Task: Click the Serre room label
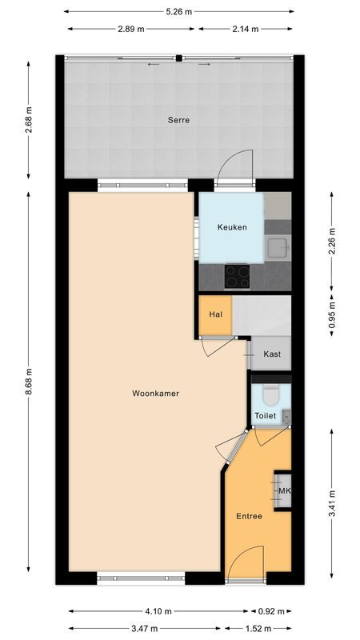[178, 121]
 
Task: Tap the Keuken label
[232, 227]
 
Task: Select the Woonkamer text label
[156, 394]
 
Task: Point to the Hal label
[215, 314]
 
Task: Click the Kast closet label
[272, 353]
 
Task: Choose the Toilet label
[266, 416]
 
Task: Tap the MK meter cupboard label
[283, 490]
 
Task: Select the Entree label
[249, 516]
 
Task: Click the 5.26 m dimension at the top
[178, 11]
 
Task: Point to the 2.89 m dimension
[131, 29]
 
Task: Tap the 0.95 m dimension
[332, 317]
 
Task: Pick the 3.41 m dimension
[332, 505]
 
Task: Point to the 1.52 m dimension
[259, 628]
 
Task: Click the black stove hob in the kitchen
[237, 276]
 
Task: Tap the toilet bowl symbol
[270, 394]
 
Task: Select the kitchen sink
[278, 247]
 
